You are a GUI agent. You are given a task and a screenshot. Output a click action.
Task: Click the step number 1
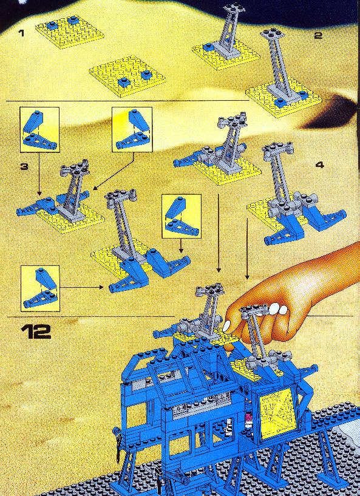[x=21, y=33]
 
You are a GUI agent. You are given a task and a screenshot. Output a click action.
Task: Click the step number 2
[x=318, y=35]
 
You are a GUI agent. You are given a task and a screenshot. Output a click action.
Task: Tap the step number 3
[x=24, y=166]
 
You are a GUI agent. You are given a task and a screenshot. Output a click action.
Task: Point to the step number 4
[x=320, y=165]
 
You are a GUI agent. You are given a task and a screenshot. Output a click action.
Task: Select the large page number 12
[x=36, y=332]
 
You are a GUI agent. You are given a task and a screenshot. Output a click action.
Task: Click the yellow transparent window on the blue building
[x=277, y=410]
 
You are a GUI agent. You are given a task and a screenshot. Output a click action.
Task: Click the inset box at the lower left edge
[x=40, y=288]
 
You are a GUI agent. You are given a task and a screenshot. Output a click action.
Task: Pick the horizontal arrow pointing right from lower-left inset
[x=81, y=287]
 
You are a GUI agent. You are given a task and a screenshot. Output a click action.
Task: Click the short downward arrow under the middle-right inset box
[x=181, y=245]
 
